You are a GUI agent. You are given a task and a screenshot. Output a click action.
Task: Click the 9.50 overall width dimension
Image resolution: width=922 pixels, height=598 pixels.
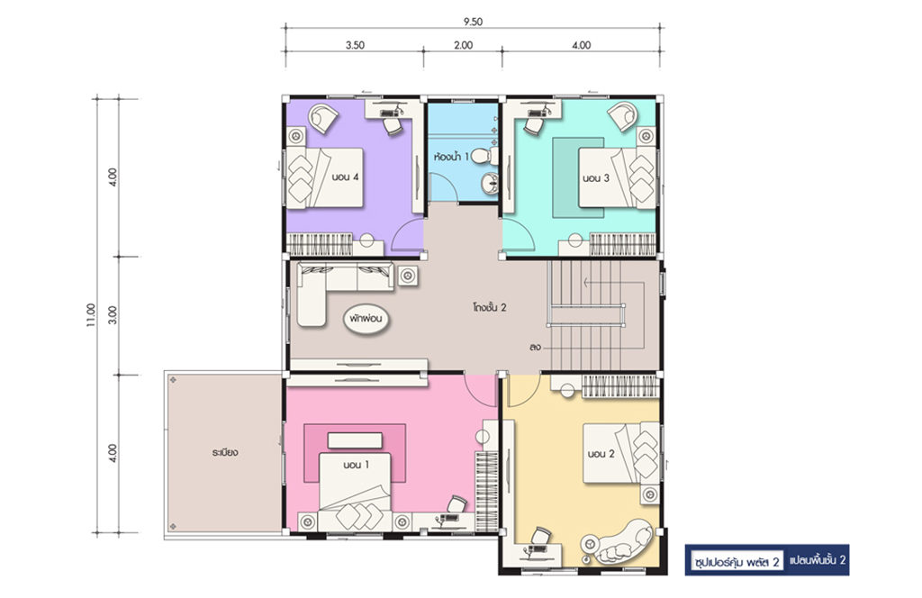tap(472, 22)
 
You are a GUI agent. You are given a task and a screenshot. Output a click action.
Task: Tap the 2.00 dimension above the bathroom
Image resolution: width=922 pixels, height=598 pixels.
tap(464, 45)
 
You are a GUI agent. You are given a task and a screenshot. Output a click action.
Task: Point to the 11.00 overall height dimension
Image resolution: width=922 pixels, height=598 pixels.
tap(91, 315)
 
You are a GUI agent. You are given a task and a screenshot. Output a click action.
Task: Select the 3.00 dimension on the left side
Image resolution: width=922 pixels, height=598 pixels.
tap(113, 314)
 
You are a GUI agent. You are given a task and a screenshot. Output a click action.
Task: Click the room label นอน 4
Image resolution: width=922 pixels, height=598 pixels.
tap(345, 177)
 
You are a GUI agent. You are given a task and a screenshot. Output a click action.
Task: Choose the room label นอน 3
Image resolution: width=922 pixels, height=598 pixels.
tap(596, 177)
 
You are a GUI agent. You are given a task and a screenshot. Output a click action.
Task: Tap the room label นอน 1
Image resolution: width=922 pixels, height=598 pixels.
tap(357, 465)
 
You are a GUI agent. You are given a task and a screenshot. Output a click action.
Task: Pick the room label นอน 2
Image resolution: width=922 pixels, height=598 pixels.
tap(601, 454)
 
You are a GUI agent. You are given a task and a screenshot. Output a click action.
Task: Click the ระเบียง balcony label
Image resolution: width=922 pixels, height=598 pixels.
tap(225, 453)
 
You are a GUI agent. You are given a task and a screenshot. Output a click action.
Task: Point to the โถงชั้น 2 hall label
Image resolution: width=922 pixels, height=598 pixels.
tap(489, 307)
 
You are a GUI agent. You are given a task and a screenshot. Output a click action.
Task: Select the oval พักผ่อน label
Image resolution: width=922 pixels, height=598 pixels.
tap(366, 320)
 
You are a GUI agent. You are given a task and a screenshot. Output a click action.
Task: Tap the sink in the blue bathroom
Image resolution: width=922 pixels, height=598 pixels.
tap(489, 184)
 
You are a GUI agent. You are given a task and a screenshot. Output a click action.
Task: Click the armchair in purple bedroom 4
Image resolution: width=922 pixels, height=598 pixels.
tap(323, 118)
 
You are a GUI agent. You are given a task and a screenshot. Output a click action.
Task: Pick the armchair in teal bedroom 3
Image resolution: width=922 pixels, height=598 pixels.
tap(623, 116)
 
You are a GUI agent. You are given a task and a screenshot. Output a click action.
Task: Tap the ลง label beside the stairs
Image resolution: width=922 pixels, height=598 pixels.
tap(535, 347)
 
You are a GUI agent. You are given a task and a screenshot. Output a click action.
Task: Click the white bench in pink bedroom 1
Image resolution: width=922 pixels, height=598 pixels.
tap(355, 440)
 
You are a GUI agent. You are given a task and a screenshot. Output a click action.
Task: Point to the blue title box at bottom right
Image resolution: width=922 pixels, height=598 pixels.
tap(767, 560)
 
